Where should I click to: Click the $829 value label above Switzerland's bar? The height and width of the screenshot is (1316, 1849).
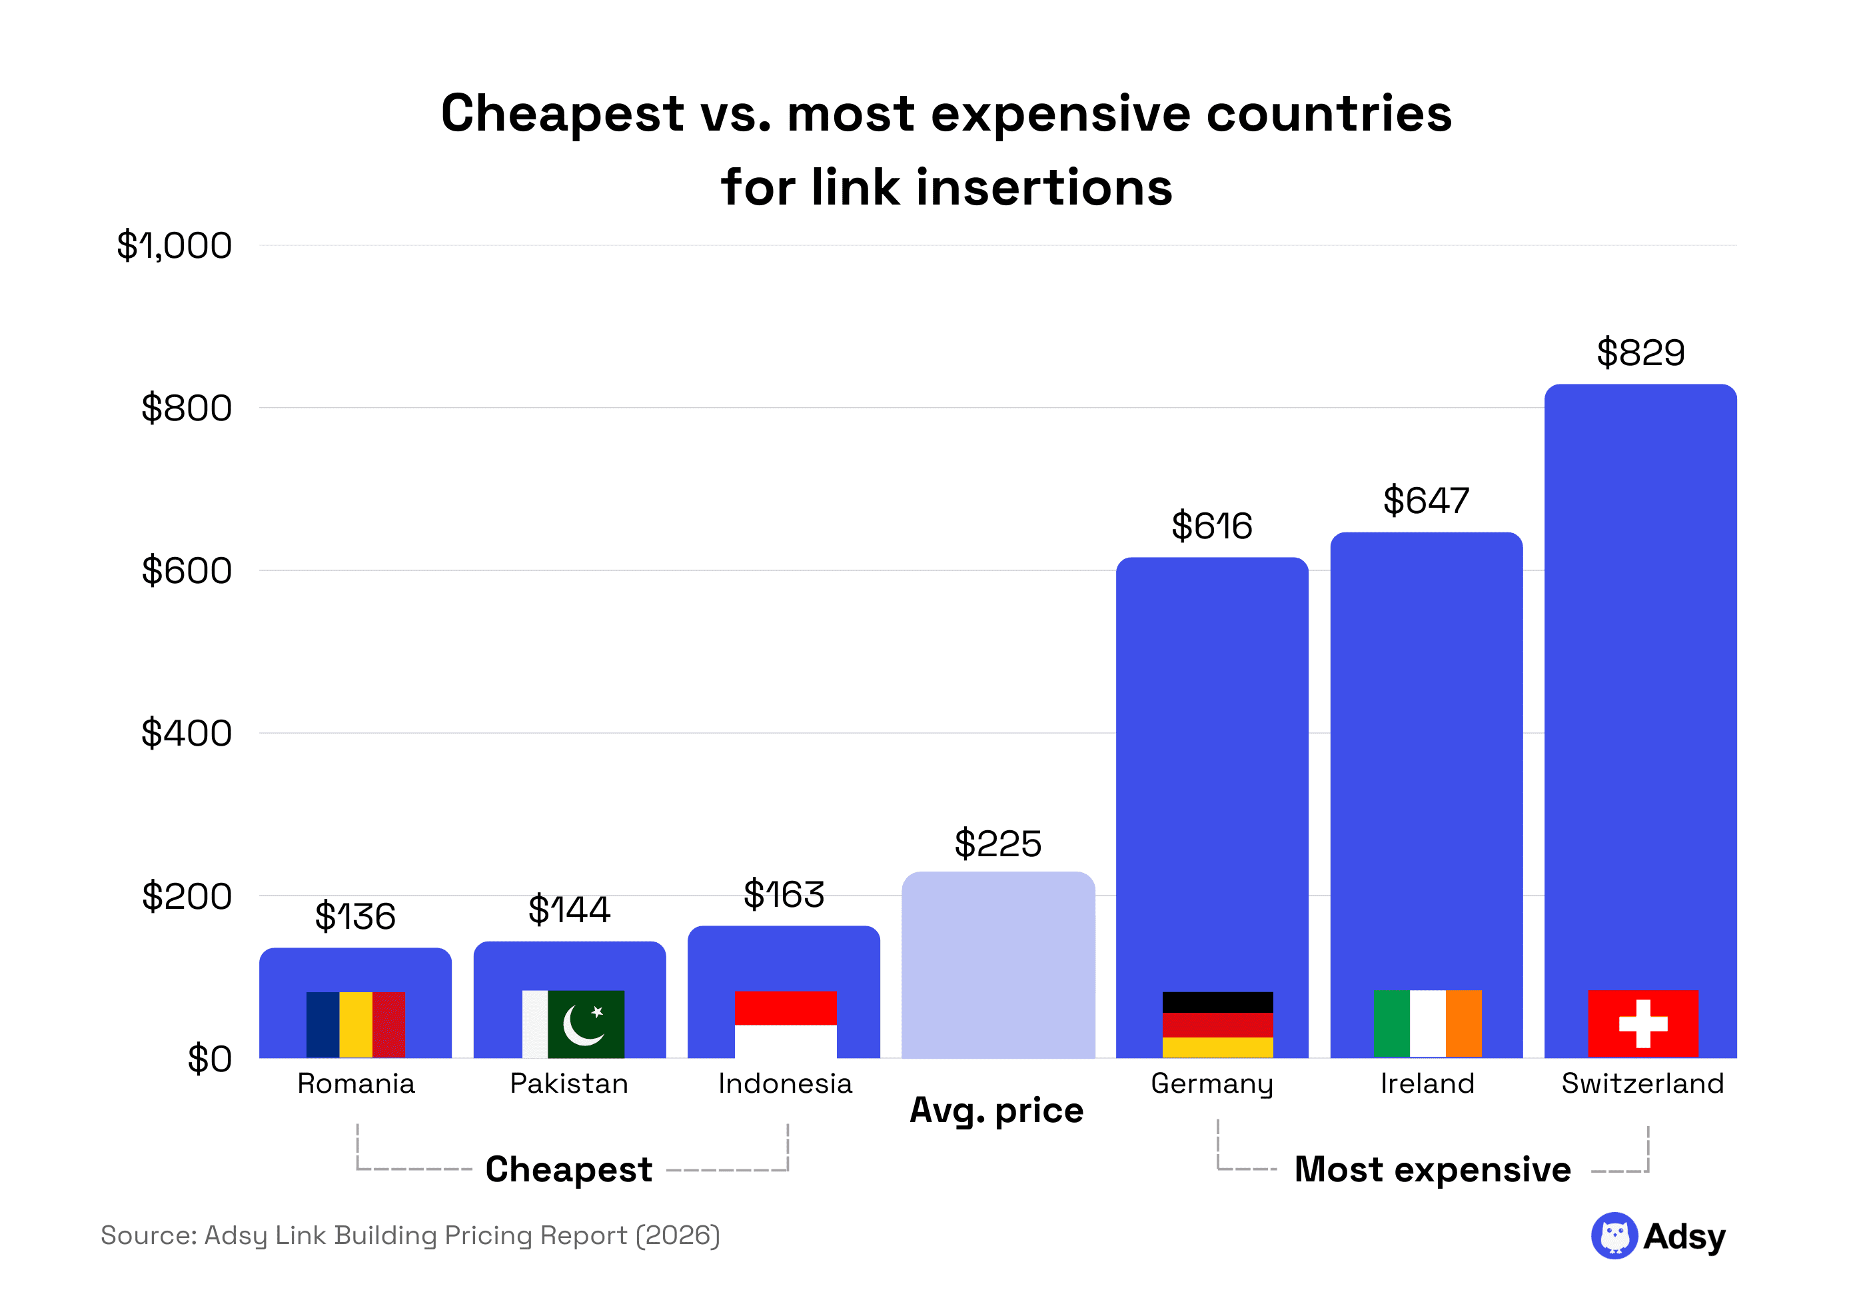click(1639, 352)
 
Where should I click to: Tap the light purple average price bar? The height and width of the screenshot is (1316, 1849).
click(997, 964)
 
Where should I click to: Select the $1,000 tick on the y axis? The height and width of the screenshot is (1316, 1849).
click(174, 245)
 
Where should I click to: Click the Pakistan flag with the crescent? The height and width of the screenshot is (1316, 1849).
click(573, 1023)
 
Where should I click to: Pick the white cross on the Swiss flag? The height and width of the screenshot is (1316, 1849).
click(1642, 1023)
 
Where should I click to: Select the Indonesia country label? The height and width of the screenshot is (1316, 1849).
click(784, 1083)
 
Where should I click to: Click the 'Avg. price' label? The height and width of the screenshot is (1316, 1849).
click(996, 1110)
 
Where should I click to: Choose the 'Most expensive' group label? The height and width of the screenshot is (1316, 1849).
click(1432, 1169)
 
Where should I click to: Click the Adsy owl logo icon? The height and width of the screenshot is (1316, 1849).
click(1613, 1236)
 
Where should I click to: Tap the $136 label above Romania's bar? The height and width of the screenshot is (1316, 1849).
click(355, 916)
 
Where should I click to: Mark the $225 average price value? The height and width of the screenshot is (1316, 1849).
click(997, 844)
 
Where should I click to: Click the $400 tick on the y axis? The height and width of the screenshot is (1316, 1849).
click(187, 734)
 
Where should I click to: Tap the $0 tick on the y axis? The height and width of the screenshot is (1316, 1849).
click(209, 1059)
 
